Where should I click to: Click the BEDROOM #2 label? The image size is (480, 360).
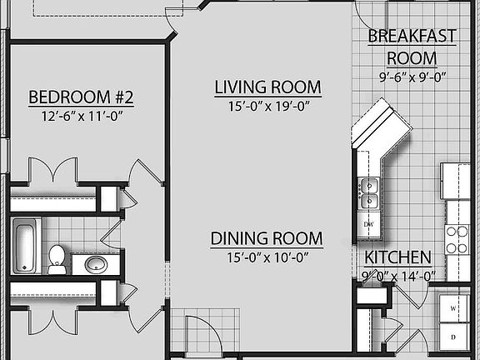(81, 97)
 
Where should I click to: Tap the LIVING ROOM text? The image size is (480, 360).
(267, 87)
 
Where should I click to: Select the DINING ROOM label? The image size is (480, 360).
(266, 239)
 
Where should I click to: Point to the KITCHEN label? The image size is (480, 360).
(397, 257)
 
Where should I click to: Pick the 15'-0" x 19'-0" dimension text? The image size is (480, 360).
(267, 107)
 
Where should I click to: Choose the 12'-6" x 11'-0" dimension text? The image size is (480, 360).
(81, 117)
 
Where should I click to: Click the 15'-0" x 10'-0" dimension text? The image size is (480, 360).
(266, 258)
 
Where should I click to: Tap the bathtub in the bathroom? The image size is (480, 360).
(25, 244)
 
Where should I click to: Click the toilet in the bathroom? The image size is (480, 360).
(57, 258)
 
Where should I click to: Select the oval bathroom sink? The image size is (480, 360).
(96, 265)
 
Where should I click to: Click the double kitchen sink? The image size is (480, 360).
(369, 193)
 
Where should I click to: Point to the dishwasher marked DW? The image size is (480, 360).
(368, 225)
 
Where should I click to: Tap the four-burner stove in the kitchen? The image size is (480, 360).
(457, 240)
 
